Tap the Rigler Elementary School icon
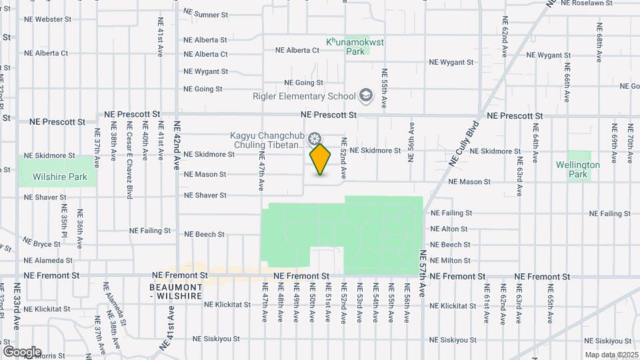[365, 96]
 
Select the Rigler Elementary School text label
[304, 96]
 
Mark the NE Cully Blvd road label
[465, 143]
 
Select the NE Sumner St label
[205, 13]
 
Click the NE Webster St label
[47, 19]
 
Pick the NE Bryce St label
[42, 245]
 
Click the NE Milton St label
[451, 261]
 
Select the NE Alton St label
[449, 229]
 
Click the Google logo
[22, 351]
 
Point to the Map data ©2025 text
[611, 355]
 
